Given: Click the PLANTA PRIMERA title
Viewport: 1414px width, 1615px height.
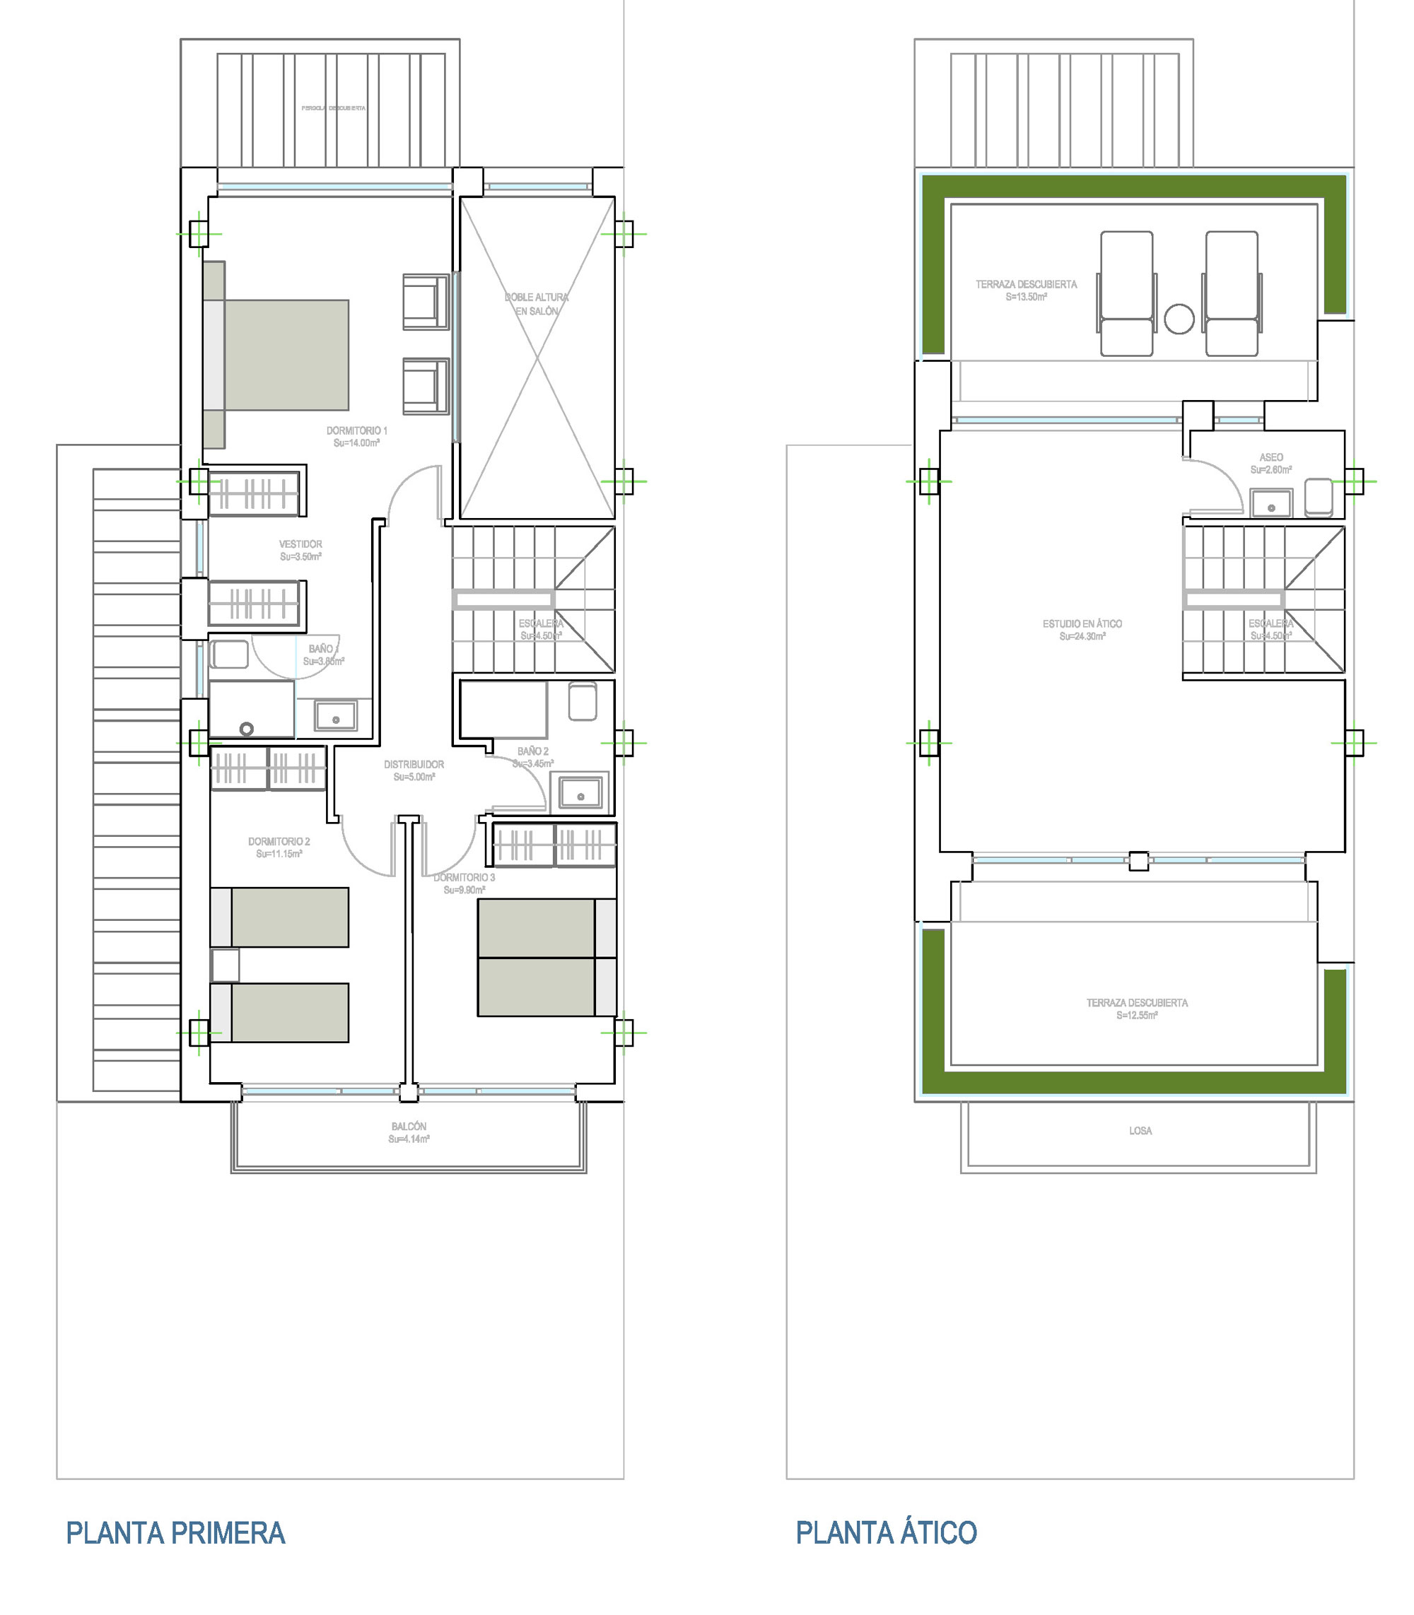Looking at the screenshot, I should click(175, 1533).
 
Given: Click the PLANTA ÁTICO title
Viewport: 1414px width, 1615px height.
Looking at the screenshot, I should click(886, 1533).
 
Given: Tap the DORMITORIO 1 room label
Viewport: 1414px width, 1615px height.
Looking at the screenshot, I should click(356, 430).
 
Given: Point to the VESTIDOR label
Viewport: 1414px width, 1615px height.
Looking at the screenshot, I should click(300, 544).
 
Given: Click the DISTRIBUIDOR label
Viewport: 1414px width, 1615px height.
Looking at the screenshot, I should click(414, 765).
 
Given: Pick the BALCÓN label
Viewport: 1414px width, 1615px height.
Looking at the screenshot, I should click(409, 1127).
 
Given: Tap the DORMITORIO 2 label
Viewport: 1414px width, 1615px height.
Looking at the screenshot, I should click(279, 842).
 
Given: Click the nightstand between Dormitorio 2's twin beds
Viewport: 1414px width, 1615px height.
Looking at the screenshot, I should click(225, 965).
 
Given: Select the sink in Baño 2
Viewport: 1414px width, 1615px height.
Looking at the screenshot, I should click(580, 792).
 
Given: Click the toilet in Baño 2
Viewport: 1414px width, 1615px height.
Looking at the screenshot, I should click(583, 701).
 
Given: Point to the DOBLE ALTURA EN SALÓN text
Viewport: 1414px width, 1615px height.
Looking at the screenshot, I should click(537, 304).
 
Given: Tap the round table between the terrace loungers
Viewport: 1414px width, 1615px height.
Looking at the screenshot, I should click(1179, 319).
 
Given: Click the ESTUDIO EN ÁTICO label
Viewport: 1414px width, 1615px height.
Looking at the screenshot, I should click(1082, 624).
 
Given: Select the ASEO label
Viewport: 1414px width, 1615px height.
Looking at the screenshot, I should click(1271, 457).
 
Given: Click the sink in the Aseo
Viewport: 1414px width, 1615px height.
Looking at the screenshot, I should click(1271, 503).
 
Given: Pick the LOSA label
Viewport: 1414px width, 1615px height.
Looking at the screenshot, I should click(1140, 1131).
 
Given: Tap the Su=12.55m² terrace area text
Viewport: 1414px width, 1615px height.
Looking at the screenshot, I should click(1137, 1016).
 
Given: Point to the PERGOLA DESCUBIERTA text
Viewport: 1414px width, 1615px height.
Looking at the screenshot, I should click(334, 108).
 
